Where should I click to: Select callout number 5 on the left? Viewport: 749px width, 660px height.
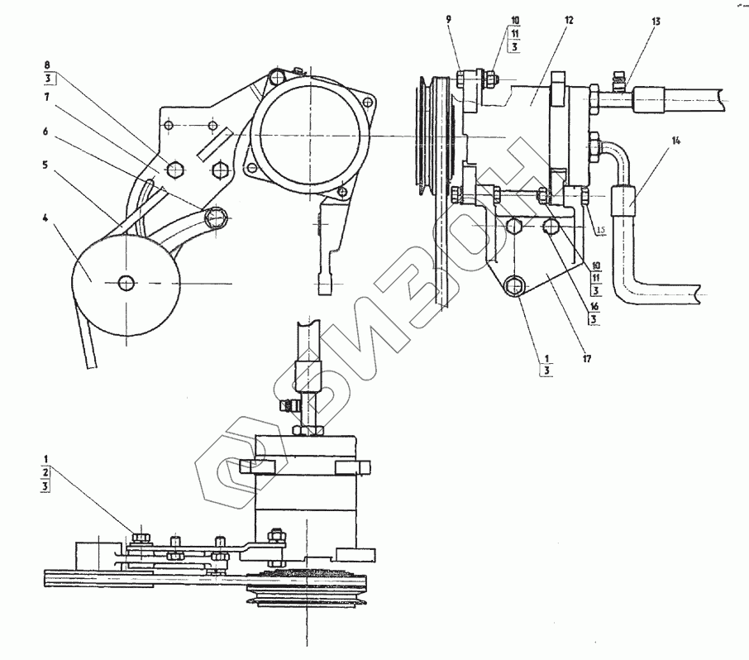pyautogui.click(x=45, y=165)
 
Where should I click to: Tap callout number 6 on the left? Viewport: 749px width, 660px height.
pyautogui.click(x=45, y=131)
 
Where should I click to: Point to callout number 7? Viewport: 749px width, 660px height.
pyautogui.click(x=46, y=97)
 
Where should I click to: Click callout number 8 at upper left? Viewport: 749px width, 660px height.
pyautogui.click(x=47, y=65)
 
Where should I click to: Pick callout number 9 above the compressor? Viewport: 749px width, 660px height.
pyautogui.click(x=448, y=20)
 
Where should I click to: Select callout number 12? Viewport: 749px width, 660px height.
pyautogui.click(x=568, y=20)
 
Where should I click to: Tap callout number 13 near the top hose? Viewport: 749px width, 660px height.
pyautogui.click(x=656, y=21)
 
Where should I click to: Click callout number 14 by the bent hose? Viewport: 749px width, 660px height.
pyautogui.click(x=676, y=141)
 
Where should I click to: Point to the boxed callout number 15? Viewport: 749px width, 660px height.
pyautogui.click(x=601, y=229)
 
